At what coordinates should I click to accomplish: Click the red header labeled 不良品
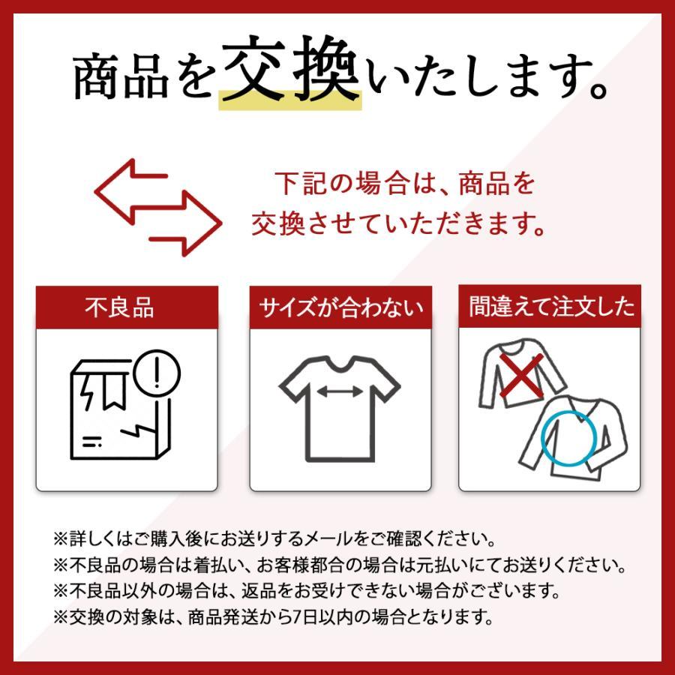tap(127, 307)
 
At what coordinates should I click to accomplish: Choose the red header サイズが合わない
tap(341, 307)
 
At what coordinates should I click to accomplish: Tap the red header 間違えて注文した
tap(550, 307)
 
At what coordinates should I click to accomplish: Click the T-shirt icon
tap(340, 409)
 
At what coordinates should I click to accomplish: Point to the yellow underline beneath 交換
tap(289, 103)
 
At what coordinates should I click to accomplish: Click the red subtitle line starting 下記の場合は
tap(404, 184)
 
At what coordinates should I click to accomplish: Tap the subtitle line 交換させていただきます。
tap(397, 223)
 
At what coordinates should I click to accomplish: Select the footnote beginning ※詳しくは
tap(274, 538)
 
